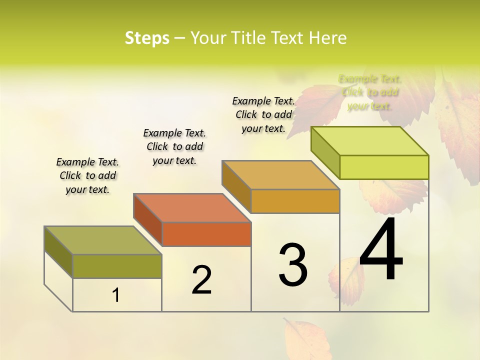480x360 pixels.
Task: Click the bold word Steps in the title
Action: pyautogui.click(x=146, y=38)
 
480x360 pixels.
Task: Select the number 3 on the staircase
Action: pyautogui.click(x=293, y=265)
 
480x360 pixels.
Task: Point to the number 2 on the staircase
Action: pyautogui.click(x=201, y=280)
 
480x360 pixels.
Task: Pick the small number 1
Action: pyautogui.click(x=116, y=295)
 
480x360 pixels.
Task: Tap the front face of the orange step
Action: pyautogui.click(x=206, y=234)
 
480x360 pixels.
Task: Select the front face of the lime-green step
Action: pyautogui.click(x=384, y=167)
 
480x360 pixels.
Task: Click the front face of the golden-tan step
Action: pyautogui.click(x=295, y=201)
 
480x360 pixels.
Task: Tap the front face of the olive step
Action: pyautogui.click(x=117, y=266)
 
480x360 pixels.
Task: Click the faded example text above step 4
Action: pyautogui.click(x=370, y=92)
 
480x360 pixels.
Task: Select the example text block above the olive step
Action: pyautogui.click(x=87, y=175)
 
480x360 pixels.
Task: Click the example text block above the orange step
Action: pyautogui.click(x=174, y=146)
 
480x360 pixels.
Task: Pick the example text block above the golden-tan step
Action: pyautogui.click(x=263, y=114)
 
